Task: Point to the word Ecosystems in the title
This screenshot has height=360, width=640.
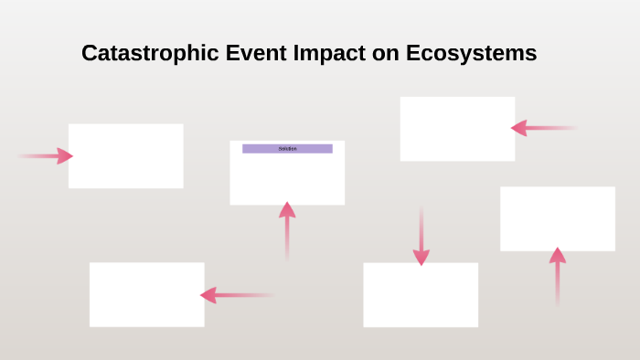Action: click(x=470, y=54)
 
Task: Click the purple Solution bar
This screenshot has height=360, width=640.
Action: click(x=287, y=148)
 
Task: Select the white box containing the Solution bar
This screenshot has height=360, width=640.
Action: click(x=287, y=178)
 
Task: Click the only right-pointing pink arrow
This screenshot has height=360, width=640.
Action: click(x=46, y=156)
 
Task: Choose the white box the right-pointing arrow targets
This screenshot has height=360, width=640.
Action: click(x=125, y=156)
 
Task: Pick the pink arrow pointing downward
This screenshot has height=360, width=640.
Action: click(x=421, y=236)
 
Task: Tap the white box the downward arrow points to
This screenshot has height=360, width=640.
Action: click(x=421, y=295)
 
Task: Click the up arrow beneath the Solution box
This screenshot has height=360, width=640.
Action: click(x=287, y=230)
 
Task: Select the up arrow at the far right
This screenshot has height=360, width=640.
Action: click(x=557, y=276)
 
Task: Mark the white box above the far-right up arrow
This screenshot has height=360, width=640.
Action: click(x=557, y=218)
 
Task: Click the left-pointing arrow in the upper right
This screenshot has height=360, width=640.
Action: click(x=543, y=128)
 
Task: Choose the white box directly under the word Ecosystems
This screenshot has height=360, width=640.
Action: click(x=457, y=129)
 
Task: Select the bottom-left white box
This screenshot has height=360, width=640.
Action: click(x=146, y=294)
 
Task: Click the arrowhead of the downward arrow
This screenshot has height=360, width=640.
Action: click(x=421, y=257)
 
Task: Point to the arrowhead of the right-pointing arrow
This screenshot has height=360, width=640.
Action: click(x=64, y=156)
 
